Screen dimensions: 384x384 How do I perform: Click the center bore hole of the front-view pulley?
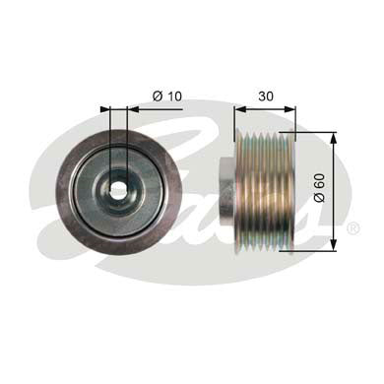pyautogui.click(x=119, y=189)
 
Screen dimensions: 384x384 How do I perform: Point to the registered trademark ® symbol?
pyautogui.click(x=353, y=228)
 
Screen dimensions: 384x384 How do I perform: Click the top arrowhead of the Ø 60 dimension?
pyautogui.click(x=335, y=135)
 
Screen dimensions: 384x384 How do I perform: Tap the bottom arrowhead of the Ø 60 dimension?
pyautogui.click(x=335, y=246)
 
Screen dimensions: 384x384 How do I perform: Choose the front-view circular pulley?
pyautogui.click(x=119, y=190)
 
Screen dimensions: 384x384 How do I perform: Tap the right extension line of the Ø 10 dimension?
pyautogui.click(x=127, y=138)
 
